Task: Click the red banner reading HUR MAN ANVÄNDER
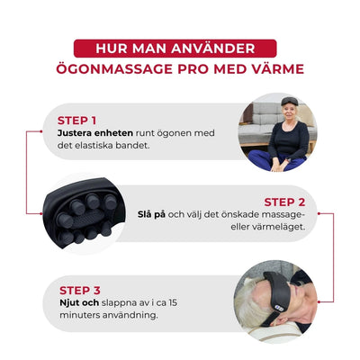(x=179, y=47)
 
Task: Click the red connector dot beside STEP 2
(x=320, y=214)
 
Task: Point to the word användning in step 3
(x=125, y=318)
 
